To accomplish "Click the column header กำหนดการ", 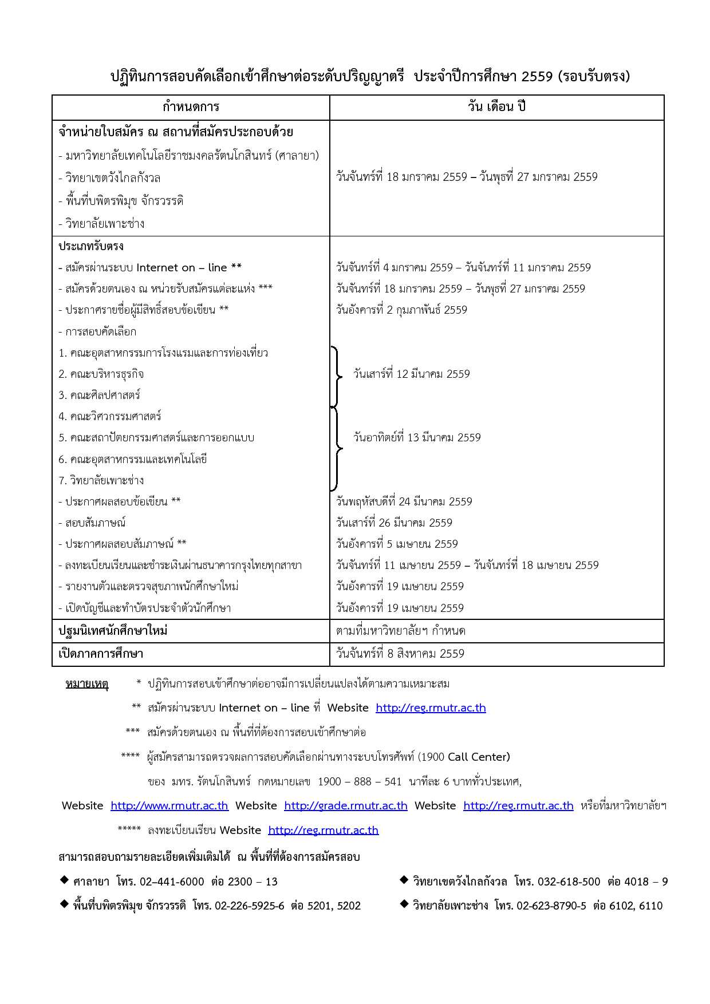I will [191, 107].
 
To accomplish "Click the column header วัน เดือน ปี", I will [496, 107].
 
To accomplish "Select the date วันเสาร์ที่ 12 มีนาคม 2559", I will [411, 374].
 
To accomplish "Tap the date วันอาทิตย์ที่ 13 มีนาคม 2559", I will [417, 437].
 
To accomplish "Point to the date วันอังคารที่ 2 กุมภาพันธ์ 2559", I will [401, 310].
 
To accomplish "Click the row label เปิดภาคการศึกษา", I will [101, 654].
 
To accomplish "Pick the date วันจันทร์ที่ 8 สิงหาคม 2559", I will [400, 654].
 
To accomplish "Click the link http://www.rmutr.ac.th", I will [169, 805].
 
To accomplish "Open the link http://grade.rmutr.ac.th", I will [346, 805].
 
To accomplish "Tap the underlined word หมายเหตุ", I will [87, 683].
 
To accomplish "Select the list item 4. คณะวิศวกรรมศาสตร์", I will [110, 416].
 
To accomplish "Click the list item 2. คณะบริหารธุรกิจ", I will [101, 374].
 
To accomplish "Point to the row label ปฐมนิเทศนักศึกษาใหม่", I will [113, 631].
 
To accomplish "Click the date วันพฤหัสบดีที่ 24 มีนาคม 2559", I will [404, 501].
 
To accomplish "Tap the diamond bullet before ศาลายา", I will [64, 880].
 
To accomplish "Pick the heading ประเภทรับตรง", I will [91, 246].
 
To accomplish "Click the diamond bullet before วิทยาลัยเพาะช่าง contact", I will [404, 904].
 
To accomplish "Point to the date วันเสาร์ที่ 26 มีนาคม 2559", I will [394, 523].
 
